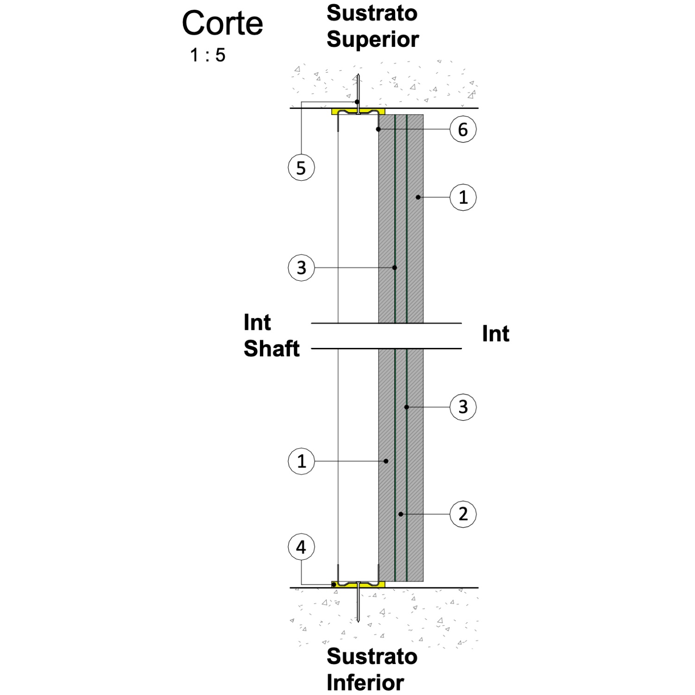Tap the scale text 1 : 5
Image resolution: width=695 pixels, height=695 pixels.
pos(208,55)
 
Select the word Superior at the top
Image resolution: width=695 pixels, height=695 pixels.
pos(373,39)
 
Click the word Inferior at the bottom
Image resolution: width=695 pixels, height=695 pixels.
pos(365,682)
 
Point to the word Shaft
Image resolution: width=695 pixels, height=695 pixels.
pos(272,348)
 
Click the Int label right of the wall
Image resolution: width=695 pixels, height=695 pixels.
pos(495,334)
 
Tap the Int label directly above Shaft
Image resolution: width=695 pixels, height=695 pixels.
pos(257,322)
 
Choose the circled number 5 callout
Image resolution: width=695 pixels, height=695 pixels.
pos(301,167)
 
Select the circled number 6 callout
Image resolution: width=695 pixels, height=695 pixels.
pos(463,129)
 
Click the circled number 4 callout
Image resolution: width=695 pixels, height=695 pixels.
pos(301,547)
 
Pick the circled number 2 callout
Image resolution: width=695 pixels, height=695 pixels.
pos(463,514)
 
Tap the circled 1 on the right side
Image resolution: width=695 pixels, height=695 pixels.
pos(463,197)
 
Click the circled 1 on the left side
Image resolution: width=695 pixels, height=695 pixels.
pos(301,461)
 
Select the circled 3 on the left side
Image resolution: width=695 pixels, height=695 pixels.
pos(301,267)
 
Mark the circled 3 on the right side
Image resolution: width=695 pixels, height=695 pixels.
pos(463,407)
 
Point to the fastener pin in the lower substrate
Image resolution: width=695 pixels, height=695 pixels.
pos(358,602)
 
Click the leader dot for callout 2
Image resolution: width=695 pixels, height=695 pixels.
pos(401,514)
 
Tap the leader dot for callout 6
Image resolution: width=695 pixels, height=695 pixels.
pos(379,129)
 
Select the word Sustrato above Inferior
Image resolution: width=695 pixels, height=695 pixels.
pos(372,657)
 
